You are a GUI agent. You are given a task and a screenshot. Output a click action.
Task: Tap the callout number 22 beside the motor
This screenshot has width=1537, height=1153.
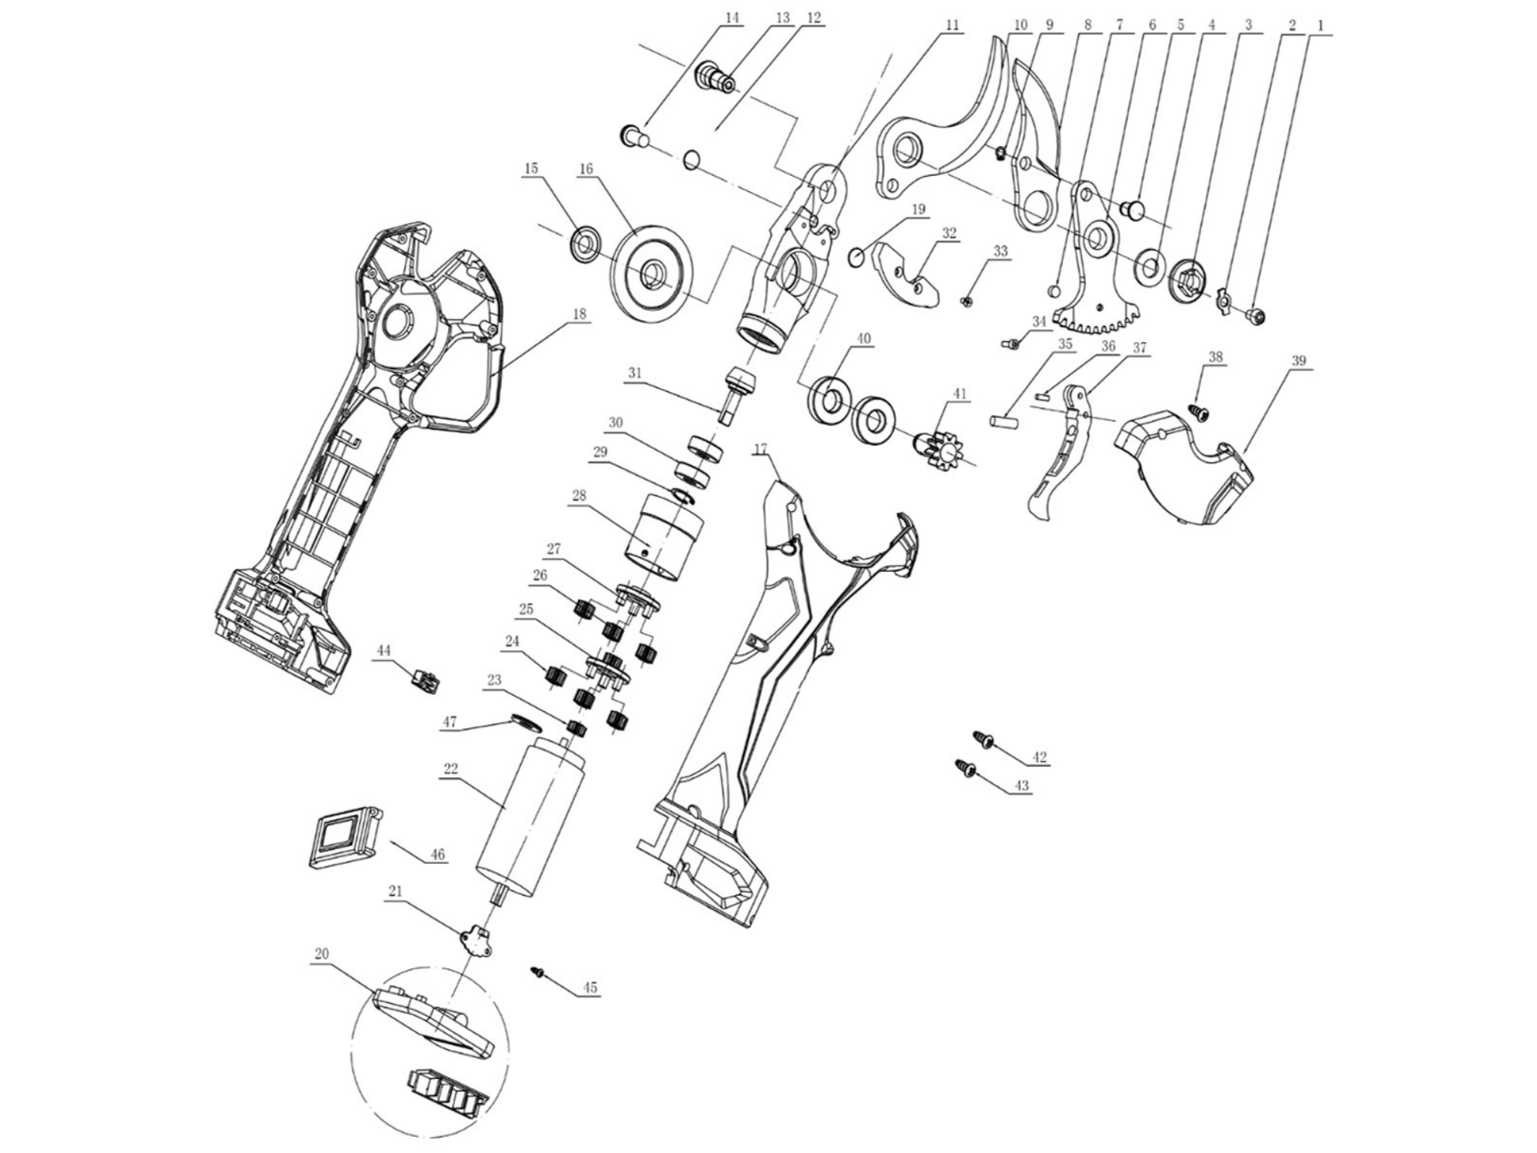[450, 768]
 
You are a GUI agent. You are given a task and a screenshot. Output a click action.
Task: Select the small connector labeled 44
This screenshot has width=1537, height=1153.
[425, 680]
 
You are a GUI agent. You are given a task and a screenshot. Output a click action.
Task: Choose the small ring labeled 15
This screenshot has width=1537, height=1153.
[586, 244]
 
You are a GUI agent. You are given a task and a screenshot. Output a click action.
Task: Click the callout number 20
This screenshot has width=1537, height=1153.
[321, 954]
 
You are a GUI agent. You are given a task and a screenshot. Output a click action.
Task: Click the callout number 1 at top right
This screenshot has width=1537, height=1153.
[1320, 25]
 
